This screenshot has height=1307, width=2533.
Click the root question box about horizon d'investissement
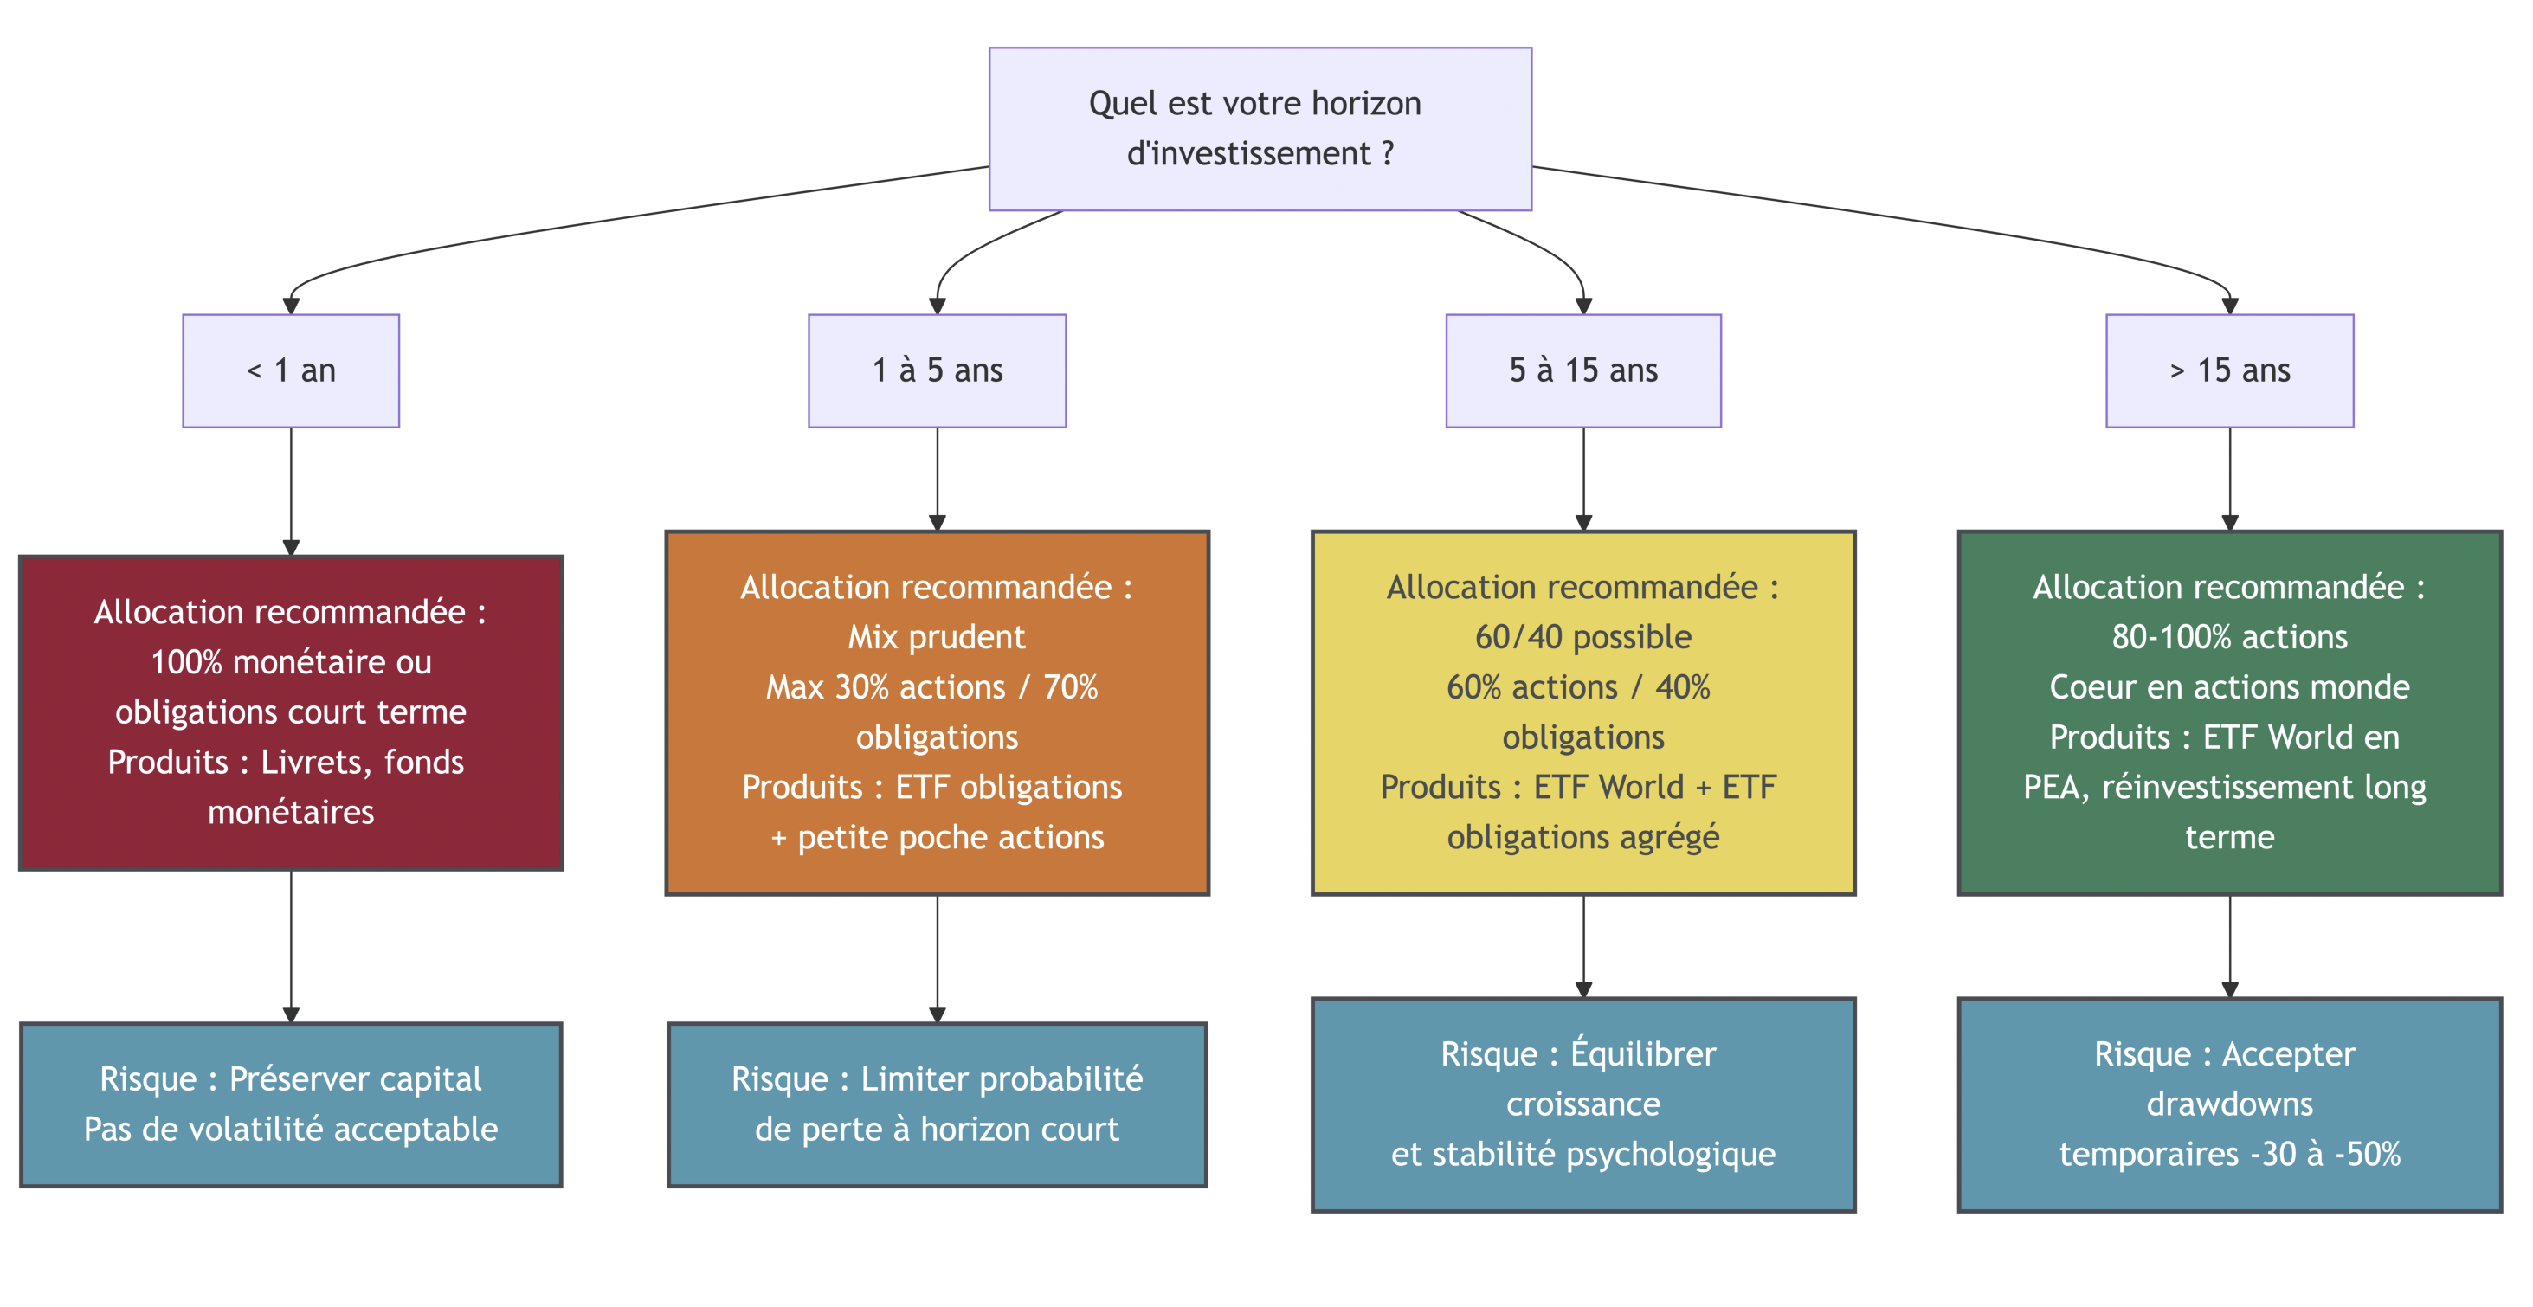click(1260, 129)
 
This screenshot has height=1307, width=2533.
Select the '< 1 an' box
click(291, 370)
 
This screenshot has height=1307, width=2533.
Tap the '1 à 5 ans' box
click(937, 370)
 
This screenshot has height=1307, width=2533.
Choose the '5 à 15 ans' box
click(1583, 370)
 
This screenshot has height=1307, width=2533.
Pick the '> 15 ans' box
click(2229, 370)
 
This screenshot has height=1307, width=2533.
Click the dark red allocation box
click(291, 712)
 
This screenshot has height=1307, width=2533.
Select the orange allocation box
click(937, 712)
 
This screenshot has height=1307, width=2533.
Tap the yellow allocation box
click(1583, 712)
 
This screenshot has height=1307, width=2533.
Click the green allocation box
click(2229, 712)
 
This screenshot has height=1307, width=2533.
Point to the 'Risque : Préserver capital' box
click(291, 1104)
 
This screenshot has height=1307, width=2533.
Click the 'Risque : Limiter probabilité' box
click(937, 1104)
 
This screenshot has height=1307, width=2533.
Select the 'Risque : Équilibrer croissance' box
click(1583, 1104)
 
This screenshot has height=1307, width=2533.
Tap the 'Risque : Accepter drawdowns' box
click(2229, 1104)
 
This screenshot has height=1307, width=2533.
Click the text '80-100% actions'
click(2229, 637)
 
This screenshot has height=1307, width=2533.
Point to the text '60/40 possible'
click(1583, 637)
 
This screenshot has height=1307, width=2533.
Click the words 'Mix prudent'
click(937, 637)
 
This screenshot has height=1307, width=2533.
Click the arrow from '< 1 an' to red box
click(291, 492)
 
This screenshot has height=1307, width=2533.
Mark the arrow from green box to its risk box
click(2229, 946)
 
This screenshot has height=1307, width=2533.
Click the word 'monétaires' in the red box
click(291, 812)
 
